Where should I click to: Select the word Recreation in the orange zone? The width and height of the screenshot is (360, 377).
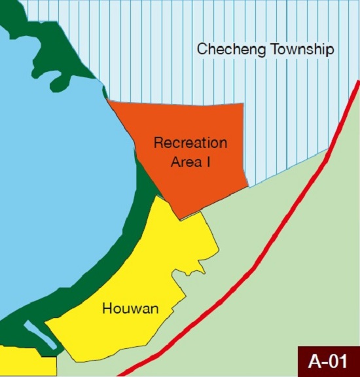point(190,143)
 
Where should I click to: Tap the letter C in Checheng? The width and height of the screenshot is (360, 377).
point(202,50)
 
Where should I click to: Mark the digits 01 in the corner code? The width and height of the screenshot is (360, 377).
point(338,361)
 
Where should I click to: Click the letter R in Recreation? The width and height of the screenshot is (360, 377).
point(158,143)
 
